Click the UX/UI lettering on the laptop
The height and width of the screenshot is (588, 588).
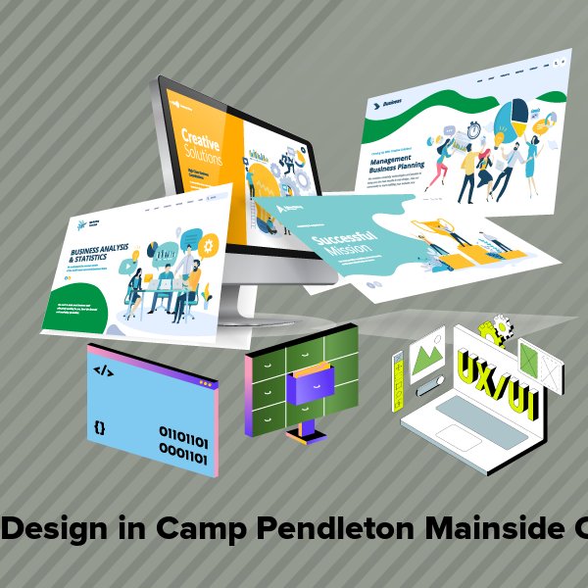(496, 377)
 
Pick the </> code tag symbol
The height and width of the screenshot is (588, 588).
(102, 370)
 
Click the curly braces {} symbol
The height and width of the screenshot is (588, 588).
(100, 428)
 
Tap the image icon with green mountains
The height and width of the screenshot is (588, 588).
(427, 353)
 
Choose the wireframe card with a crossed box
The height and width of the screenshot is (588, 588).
(540, 364)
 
